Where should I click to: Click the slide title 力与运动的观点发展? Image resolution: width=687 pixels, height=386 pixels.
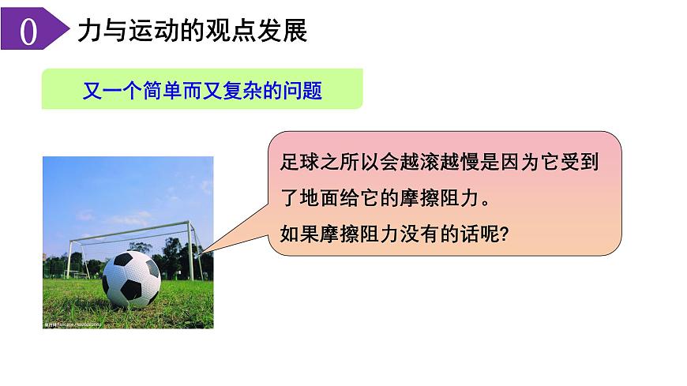coord(192,31)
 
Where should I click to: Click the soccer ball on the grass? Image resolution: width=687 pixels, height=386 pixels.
coord(131,279)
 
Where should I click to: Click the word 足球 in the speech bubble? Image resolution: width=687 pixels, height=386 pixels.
coord(297,163)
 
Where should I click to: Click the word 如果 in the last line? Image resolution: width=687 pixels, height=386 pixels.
coord(297,233)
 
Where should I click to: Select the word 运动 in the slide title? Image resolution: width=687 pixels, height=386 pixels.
coord(139,31)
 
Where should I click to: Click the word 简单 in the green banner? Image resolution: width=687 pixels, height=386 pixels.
coord(159,90)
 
